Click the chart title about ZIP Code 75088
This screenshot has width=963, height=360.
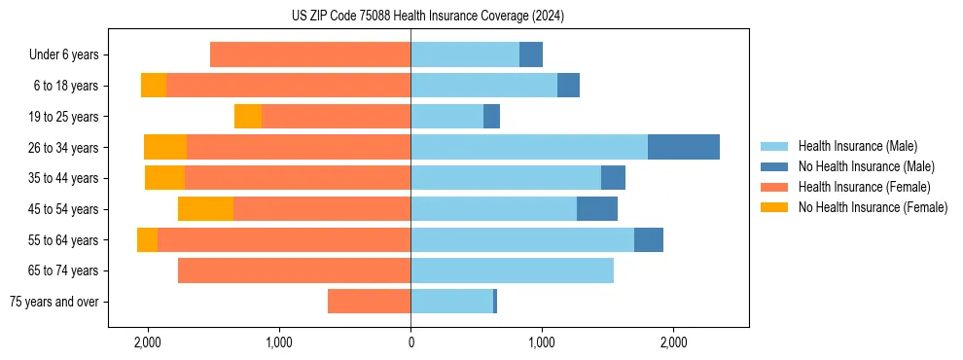[427, 16]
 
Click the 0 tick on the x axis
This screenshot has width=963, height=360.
[410, 342]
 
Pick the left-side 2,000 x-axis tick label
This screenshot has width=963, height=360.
[148, 342]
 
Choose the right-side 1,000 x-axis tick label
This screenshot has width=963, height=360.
[542, 342]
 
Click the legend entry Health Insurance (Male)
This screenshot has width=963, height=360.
[857, 146]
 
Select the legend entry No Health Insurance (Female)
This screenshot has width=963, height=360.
[873, 207]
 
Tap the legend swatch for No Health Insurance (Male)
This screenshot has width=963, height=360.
[775, 166]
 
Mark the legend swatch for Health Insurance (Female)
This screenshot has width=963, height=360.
[775, 187]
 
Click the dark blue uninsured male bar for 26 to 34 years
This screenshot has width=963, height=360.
[684, 148]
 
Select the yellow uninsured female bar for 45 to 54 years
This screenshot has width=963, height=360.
[205, 209]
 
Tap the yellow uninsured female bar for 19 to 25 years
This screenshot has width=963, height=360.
[248, 117]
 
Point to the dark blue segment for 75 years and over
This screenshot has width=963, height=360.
[495, 302]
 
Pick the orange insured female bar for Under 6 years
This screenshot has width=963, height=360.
[310, 55]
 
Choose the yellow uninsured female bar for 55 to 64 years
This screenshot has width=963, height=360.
[147, 240]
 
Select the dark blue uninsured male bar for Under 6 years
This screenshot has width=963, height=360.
[531, 55]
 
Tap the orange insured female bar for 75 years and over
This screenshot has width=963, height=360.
[369, 302]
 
